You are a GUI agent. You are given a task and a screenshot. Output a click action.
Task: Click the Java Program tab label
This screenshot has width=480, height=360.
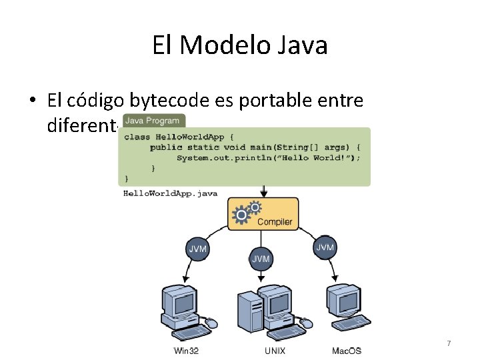[x=153, y=121]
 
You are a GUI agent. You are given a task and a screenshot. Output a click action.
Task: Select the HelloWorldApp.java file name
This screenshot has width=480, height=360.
[x=171, y=193]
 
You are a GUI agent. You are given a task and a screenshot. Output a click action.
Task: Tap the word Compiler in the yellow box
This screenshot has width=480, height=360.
[x=275, y=221]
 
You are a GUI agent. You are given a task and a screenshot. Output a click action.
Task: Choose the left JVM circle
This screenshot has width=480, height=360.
[x=198, y=249]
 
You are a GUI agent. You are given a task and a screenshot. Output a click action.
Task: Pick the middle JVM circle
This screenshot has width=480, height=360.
[x=261, y=258]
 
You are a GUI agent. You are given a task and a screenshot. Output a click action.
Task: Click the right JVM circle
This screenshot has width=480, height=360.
[x=325, y=247]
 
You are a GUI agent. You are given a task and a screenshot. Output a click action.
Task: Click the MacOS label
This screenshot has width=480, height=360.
[x=347, y=351]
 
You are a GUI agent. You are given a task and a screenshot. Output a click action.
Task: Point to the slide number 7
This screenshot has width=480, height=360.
[x=449, y=343]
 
